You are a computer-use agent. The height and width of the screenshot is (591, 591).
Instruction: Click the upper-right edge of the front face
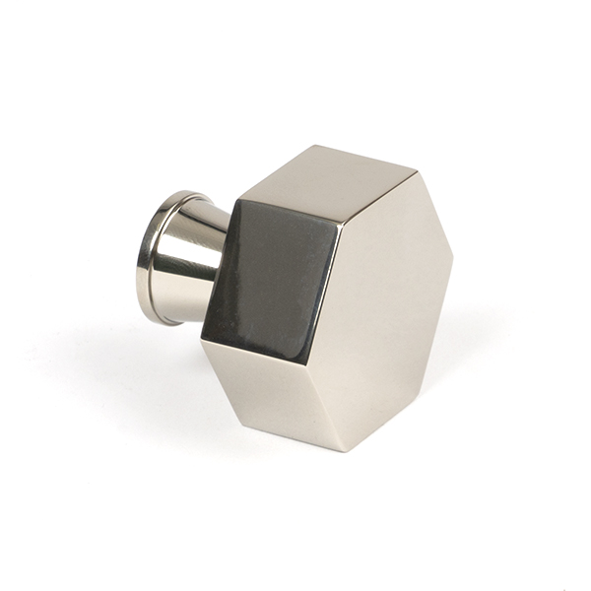click(x=433, y=211)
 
